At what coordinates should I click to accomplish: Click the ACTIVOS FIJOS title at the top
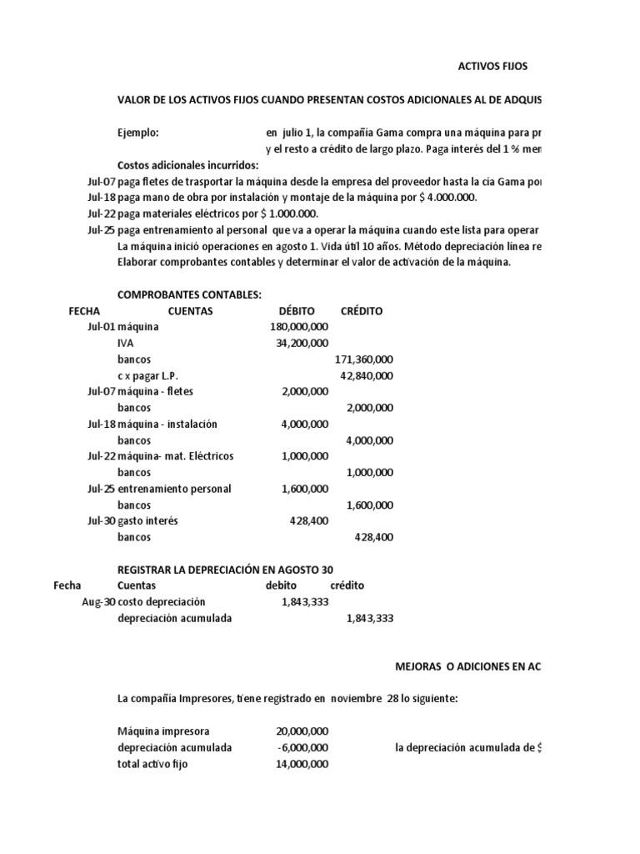click(x=493, y=65)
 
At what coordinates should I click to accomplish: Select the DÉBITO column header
click(x=297, y=311)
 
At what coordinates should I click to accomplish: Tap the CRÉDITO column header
click(x=362, y=311)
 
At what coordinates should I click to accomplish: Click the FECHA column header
click(x=84, y=311)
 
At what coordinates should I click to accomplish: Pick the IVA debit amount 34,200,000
click(x=302, y=343)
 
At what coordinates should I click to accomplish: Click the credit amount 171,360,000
click(x=364, y=359)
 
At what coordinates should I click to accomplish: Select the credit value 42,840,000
click(x=367, y=375)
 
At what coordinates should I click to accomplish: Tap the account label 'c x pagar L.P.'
click(x=148, y=375)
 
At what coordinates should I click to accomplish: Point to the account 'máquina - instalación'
click(x=167, y=424)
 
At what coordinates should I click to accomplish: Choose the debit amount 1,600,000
click(x=305, y=489)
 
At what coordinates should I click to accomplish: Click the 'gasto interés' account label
click(x=147, y=521)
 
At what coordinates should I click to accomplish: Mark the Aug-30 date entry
click(x=97, y=602)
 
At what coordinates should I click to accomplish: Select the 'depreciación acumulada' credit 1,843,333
click(x=369, y=618)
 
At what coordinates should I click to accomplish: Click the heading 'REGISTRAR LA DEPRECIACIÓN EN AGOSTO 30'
click(x=230, y=570)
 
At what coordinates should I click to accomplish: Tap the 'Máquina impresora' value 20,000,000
click(x=302, y=731)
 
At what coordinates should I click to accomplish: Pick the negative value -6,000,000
click(x=302, y=747)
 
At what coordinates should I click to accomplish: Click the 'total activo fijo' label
click(x=152, y=764)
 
